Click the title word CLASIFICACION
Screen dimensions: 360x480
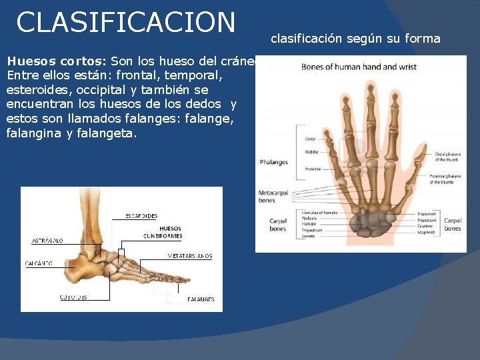pyautogui.click(x=126, y=22)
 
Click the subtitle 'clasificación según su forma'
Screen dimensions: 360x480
pyautogui.click(x=355, y=39)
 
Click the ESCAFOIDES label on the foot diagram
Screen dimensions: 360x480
pyautogui.click(x=141, y=216)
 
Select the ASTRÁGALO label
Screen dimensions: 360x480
pyautogui.click(x=47, y=241)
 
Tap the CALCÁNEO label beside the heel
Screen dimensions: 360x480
pyautogui.click(x=39, y=263)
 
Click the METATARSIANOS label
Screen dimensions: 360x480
pyautogui.click(x=189, y=256)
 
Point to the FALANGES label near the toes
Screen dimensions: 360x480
pyautogui.click(x=201, y=299)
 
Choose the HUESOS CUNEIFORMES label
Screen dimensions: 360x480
pyautogui.click(x=161, y=233)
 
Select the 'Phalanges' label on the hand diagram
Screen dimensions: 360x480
pyautogui.click(x=273, y=162)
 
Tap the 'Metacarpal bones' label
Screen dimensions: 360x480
pyautogui.click(x=273, y=197)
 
